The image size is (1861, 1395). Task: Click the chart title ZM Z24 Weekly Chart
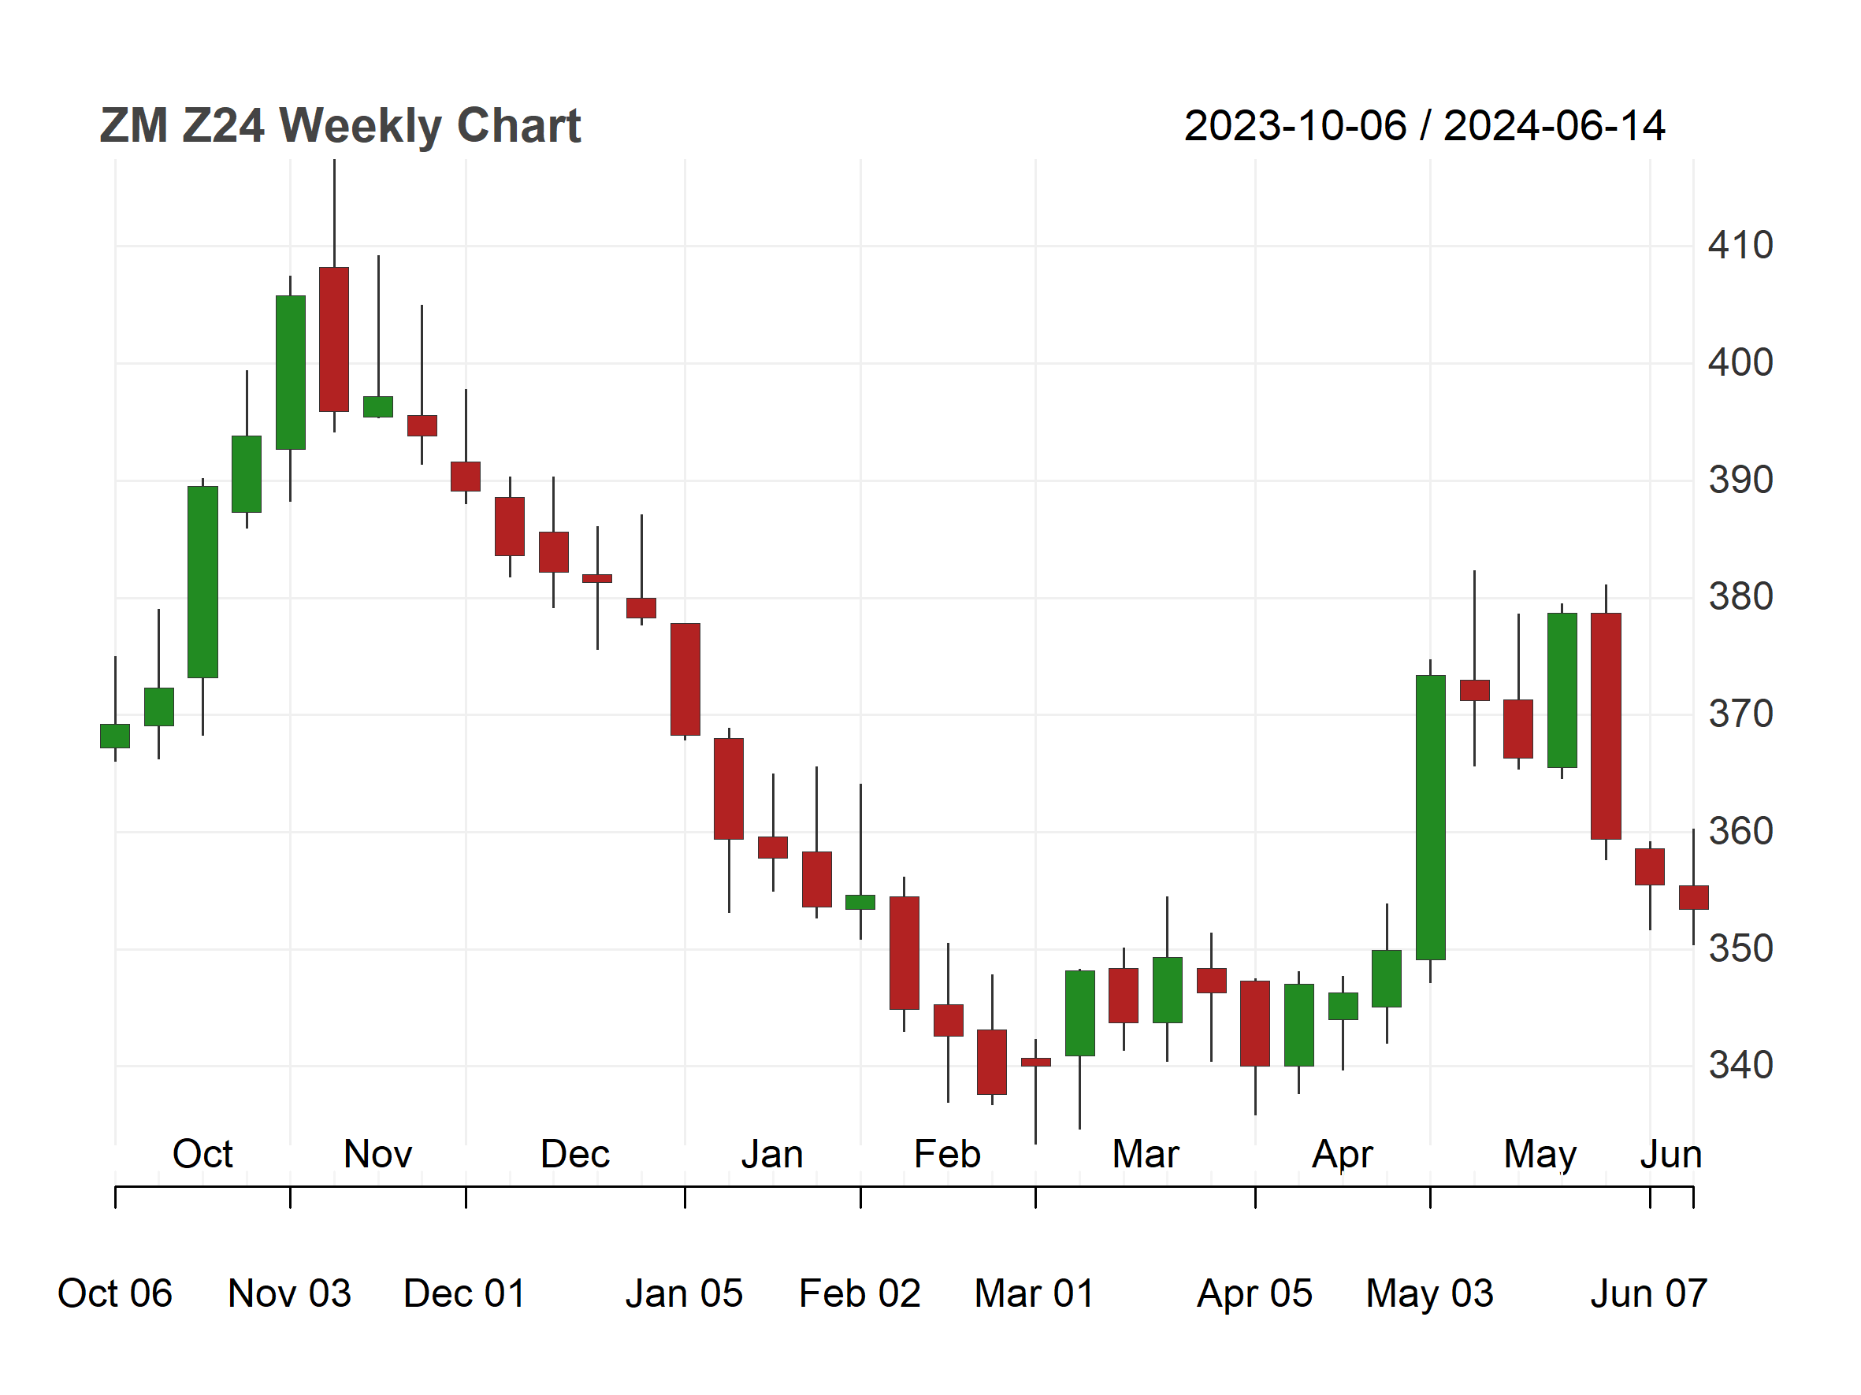[340, 126]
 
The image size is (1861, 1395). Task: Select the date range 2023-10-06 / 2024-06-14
[1424, 126]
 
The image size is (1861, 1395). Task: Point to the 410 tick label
[1740, 246]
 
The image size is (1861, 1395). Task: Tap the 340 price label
[1740, 1066]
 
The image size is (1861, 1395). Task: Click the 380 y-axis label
[1740, 597]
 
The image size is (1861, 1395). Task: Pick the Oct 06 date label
[114, 1293]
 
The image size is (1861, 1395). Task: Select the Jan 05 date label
[684, 1293]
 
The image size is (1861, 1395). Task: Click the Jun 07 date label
[1648, 1293]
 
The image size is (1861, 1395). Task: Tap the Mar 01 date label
[1034, 1293]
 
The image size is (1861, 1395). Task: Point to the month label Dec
[574, 1154]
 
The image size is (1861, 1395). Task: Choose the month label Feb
[947, 1154]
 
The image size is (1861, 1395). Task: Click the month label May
[1540, 1154]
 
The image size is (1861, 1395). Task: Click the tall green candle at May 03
[1430, 818]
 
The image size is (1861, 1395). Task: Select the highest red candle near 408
[334, 339]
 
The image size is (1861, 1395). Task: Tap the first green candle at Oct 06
[115, 736]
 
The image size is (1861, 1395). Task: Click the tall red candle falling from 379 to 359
[1605, 726]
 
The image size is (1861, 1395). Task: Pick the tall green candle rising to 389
[202, 582]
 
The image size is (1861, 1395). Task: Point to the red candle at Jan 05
[685, 680]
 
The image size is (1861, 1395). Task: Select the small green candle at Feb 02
[860, 902]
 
